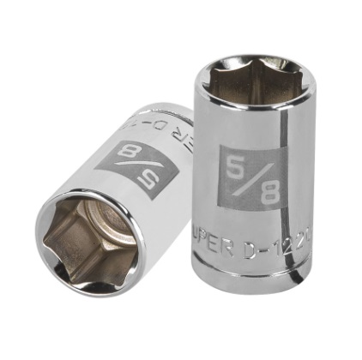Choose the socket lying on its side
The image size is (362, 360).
click(112, 206)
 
